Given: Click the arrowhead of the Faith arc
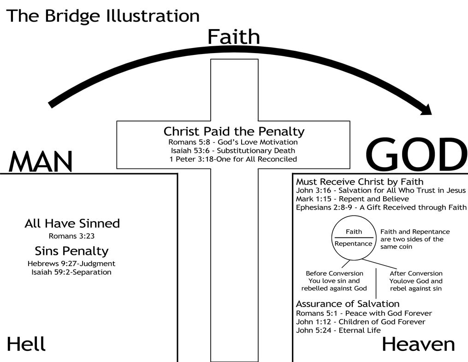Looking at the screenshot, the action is (x=427, y=110).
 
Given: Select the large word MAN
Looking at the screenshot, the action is (x=41, y=162).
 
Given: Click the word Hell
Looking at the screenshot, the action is (x=26, y=344).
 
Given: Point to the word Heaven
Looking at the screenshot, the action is (x=418, y=344).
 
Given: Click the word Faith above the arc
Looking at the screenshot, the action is (x=234, y=36).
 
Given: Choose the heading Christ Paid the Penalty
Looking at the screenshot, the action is (x=234, y=131).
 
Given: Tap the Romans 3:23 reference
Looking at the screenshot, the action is (x=71, y=236).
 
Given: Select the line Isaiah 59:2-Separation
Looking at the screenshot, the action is (x=71, y=272).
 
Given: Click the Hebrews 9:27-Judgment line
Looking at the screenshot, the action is (x=71, y=264).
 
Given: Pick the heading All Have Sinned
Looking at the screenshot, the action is (x=72, y=223).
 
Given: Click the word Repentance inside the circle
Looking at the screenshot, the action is (x=353, y=244).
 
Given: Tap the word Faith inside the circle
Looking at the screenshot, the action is (x=354, y=232).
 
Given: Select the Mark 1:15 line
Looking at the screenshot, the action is (x=352, y=199).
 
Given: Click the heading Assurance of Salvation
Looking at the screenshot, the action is (x=348, y=304).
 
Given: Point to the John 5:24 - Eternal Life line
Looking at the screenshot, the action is (x=338, y=330).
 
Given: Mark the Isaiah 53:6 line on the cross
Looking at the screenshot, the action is (x=233, y=151).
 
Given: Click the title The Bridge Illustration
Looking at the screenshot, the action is (x=103, y=16).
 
